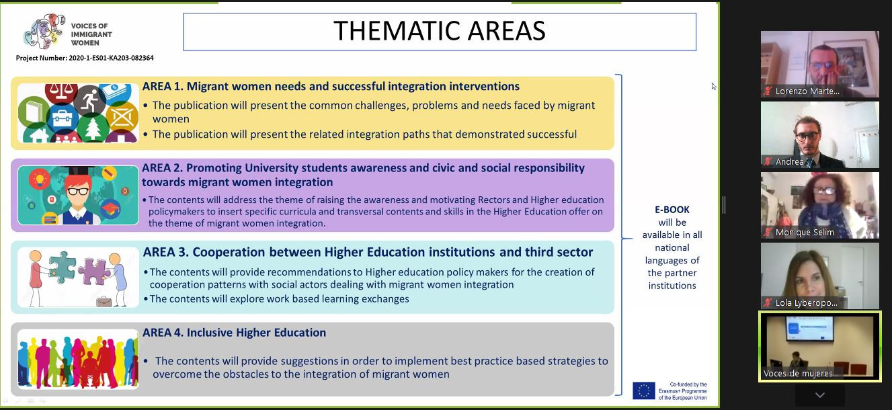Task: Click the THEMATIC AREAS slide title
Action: click(x=439, y=32)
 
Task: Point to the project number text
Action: click(x=85, y=58)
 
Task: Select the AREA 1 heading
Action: click(x=331, y=87)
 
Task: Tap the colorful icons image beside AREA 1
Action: click(x=77, y=113)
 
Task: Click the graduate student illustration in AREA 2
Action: click(x=78, y=195)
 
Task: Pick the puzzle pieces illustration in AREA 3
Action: click(x=77, y=277)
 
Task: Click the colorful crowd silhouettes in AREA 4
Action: click(x=77, y=358)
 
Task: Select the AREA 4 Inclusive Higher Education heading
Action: click(x=234, y=333)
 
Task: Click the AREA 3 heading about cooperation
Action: click(x=368, y=253)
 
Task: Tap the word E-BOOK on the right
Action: click(x=672, y=210)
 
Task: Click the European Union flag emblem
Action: click(x=643, y=391)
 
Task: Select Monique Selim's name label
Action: click(x=805, y=233)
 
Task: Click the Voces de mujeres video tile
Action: click(x=819, y=344)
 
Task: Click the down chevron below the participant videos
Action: click(x=819, y=395)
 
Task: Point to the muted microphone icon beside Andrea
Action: click(x=768, y=162)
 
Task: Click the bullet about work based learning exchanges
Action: click(x=279, y=299)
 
